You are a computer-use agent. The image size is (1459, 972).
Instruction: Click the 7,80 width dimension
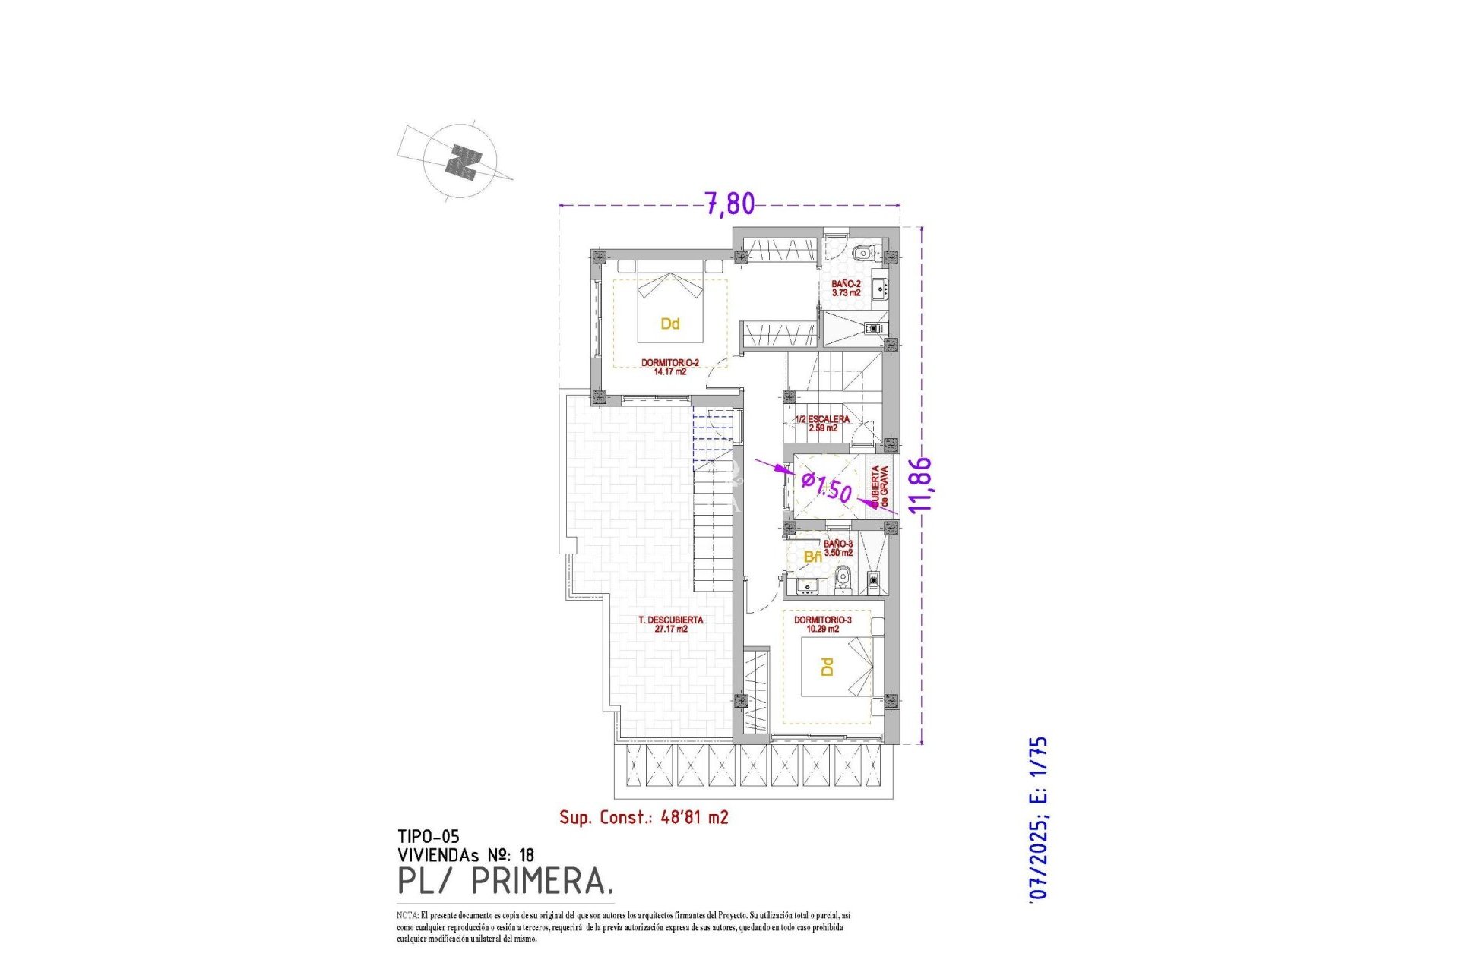[x=729, y=204]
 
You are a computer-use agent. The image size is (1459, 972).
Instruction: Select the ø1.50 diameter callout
[x=827, y=487]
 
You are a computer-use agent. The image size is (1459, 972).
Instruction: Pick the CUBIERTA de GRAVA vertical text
[x=879, y=487]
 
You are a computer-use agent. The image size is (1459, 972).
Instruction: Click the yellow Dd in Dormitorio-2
[x=669, y=324]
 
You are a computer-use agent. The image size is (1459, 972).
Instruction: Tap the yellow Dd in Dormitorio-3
[x=827, y=667]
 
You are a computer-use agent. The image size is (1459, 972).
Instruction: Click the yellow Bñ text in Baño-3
[x=812, y=557]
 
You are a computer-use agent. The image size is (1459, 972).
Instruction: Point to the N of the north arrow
[x=463, y=163]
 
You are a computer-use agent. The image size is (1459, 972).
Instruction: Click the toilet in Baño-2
[x=862, y=253]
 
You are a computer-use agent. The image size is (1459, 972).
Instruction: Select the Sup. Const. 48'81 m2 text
[x=644, y=817]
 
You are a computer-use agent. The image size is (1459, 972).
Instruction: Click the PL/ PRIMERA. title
[x=505, y=882]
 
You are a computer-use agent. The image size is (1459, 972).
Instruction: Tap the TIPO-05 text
[x=428, y=837]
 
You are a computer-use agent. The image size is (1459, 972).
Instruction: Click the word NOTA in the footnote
[x=407, y=916]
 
